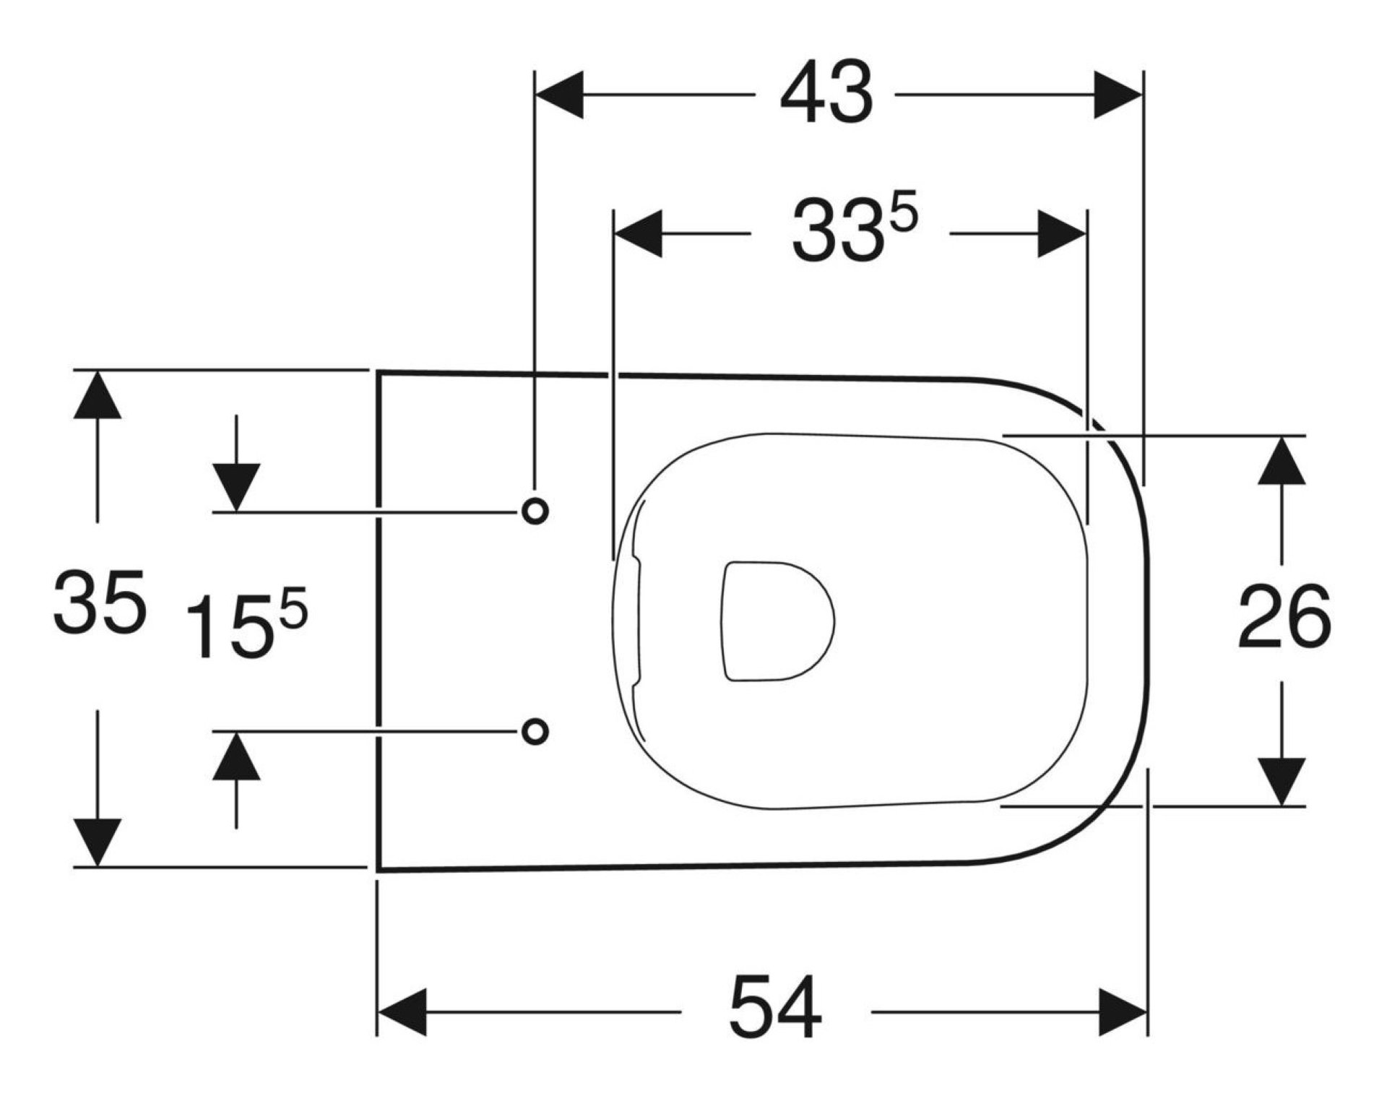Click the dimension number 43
pyautogui.click(x=826, y=95)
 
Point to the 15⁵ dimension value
pyautogui.click(x=246, y=622)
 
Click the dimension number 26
pyautogui.click(x=1284, y=617)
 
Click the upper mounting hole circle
pyautogui.click(x=535, y=511)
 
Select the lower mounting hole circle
pyautogui.click(x=535, y=731)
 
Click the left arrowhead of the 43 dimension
pyautogui.click(x=558, y=95)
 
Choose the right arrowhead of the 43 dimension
pyautogui.click(x=1118, y=95)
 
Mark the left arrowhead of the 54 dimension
pyautogui.click(x=402, y=1011)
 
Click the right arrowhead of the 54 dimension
pyautogui.click(x=1123, y=1011)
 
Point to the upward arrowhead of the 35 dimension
pyautogui.click(x=98, y=394)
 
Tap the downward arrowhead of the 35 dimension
pyautogui.click(x=98, y=842)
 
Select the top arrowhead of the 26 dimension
pyautogui.click(x=1282, y=460)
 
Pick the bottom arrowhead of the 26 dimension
pyautogui.click(x=1282, y=781)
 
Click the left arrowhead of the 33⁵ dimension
pyautogui.click(x=638, y=234)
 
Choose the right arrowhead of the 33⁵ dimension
pyautogui.click(x=1062, y=234)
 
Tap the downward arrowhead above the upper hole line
pyautogui.click(x=236, y=487)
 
